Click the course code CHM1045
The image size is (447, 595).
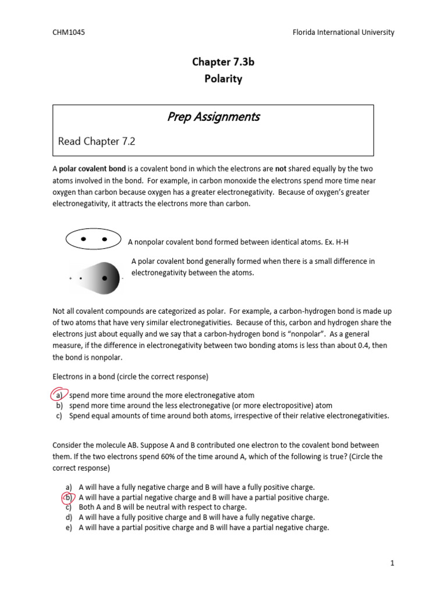[69, 33]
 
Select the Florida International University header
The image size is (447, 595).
[343, 33]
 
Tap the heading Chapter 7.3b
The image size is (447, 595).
[223, 63]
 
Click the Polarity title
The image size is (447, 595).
[223, 79]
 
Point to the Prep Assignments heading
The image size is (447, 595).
[213, 117]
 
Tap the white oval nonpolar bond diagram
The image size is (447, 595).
[94, 239]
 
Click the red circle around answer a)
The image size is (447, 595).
[59, 395]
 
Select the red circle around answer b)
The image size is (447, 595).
[68, 497]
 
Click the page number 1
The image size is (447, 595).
[393, 562]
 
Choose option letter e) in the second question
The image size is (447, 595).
[69, 528]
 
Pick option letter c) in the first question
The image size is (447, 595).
[59, 416]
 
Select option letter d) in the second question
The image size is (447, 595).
[69, 517]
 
